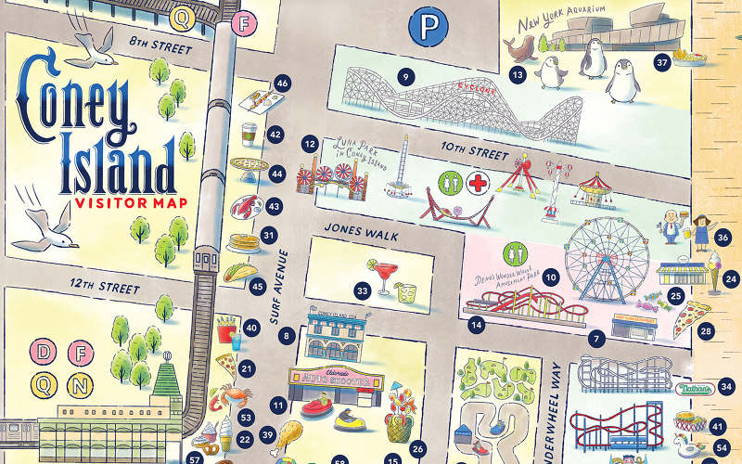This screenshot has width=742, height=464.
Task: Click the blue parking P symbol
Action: point(425,28)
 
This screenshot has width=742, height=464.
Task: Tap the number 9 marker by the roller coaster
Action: point(403,76)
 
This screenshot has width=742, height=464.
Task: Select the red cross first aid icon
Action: point(479,182)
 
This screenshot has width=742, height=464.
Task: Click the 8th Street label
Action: point(160,45)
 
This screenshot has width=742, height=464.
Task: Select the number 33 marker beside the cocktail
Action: point(363,291)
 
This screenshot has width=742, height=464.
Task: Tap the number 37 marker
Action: point(661,63)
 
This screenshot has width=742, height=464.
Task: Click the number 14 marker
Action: point(477,325)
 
